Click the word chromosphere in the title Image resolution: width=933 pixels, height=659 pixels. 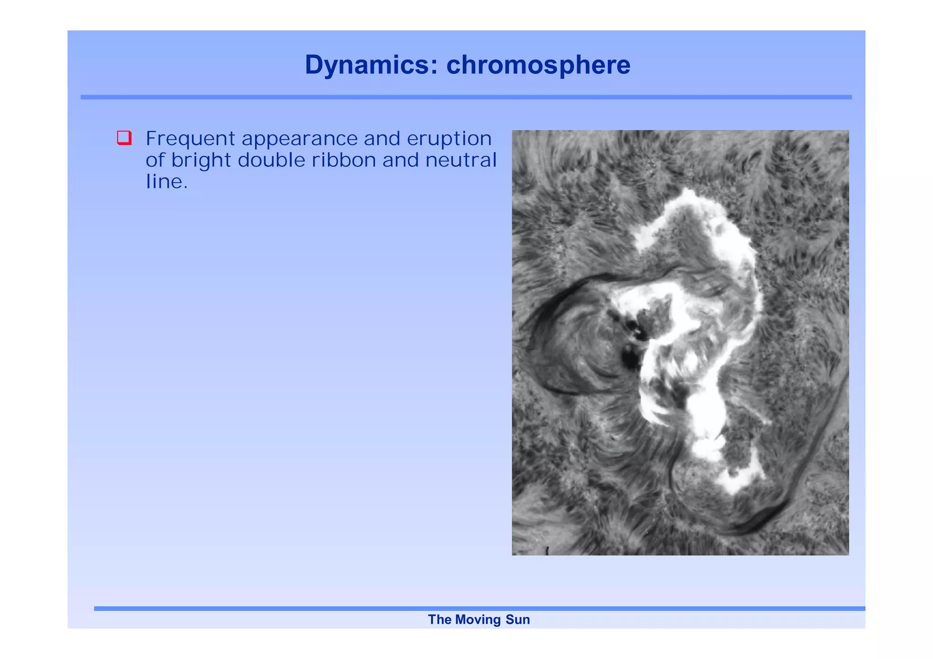click(x=538, y=65)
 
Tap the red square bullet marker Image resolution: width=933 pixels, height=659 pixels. click(x=124, y=138)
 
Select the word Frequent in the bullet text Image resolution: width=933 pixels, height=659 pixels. click(x=190, y=139)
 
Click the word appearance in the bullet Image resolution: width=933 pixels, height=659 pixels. click(x=299, y=139)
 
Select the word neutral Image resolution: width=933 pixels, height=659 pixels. click(x=461, y=160)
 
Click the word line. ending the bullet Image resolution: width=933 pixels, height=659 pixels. click(x=166, y=182)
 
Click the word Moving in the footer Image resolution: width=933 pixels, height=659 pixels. click(x=478, y=620)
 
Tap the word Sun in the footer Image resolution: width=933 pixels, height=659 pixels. click(x=518, y=620)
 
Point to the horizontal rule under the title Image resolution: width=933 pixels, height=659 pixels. click(x=466, y=97)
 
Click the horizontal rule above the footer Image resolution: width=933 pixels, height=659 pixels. click(x=478, y=608)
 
